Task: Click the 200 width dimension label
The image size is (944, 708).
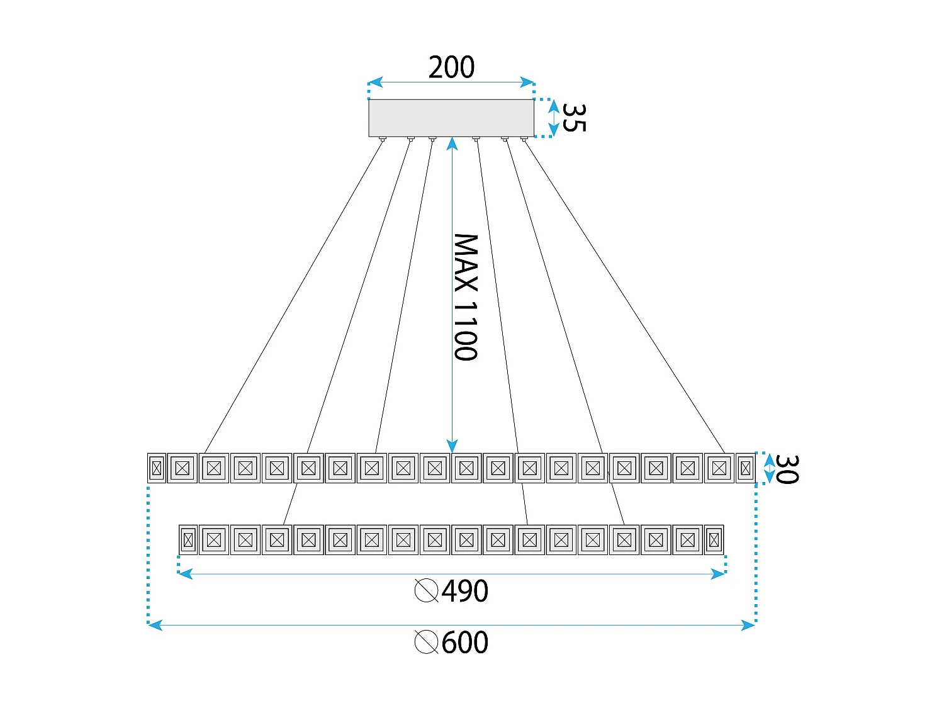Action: (451, 67)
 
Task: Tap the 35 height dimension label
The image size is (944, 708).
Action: (573, 118)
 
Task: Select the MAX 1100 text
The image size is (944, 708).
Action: (466, 297)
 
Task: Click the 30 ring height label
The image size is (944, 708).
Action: (786, 469)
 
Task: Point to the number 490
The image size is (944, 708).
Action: (465, 591)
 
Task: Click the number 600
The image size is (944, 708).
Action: (465, 643)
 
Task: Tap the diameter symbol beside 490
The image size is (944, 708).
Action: (427, 591)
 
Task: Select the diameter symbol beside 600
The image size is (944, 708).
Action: (427, 643)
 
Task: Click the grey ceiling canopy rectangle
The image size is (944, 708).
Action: (451, 118)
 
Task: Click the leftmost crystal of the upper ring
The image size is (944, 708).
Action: (157, 468)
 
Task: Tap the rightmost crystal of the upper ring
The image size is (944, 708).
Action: (746, 468)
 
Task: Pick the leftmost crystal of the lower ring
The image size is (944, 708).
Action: (188, 540)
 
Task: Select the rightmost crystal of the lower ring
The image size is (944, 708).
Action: (714, 540)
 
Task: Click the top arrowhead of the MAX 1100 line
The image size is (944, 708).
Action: (452, 144)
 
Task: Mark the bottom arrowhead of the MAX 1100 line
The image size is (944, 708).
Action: (452, 446)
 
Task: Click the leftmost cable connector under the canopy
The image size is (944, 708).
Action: (383, 138)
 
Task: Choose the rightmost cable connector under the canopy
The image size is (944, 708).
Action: (524, 138)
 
